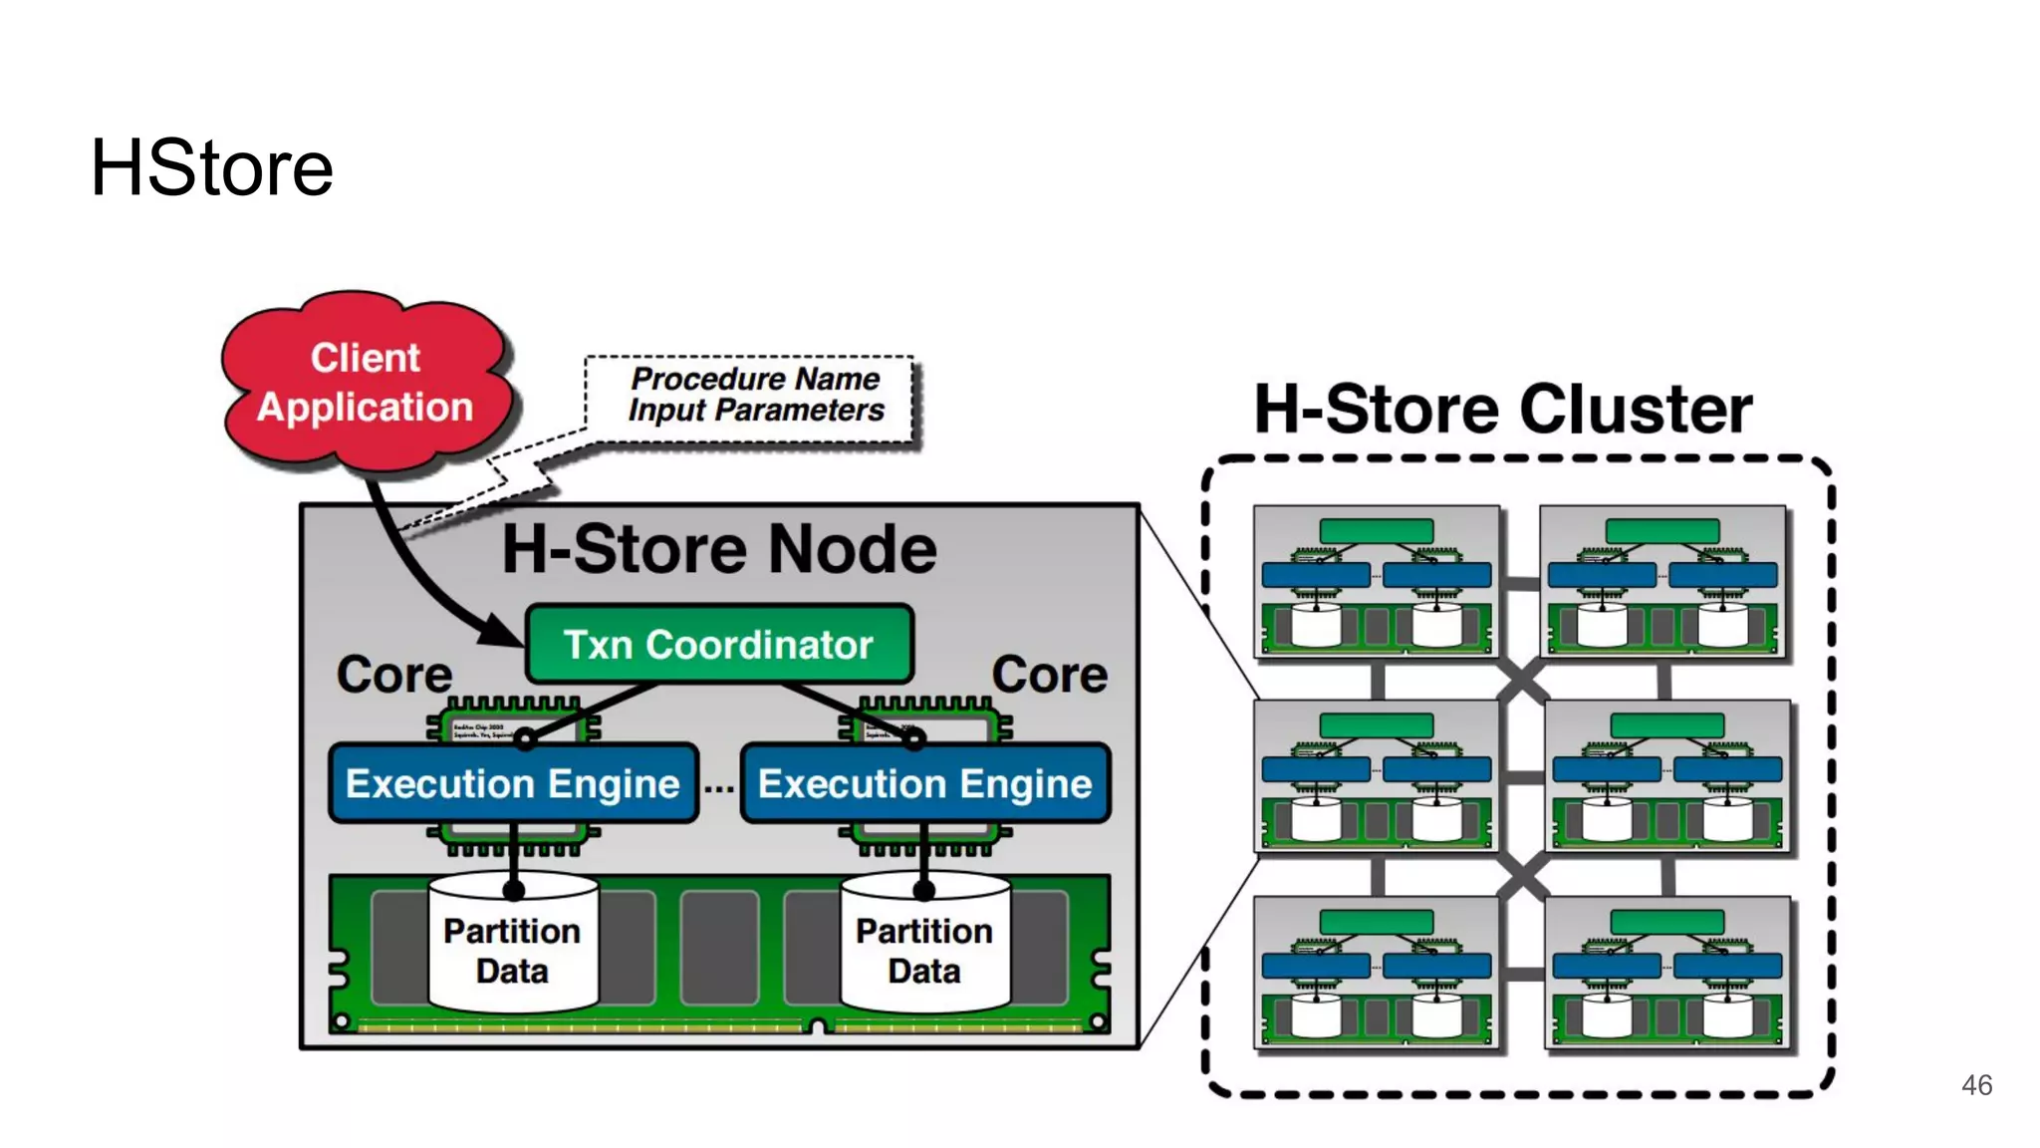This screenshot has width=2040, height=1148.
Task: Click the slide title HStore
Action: tap(211, 167)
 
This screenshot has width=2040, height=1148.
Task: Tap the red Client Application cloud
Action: tap(365, 383)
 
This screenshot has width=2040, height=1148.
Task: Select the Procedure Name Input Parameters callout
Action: tap(754, 396)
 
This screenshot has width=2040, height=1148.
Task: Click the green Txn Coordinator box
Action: tap(718, 645)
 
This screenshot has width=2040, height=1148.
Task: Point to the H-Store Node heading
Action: tap(718, 549)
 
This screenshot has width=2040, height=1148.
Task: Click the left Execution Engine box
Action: tap(512, 783)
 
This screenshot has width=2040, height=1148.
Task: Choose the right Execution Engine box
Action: tap(924, 783)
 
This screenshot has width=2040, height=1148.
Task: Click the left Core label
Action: tap(393, 675)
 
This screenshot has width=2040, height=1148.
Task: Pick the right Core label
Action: tap(1049, 675)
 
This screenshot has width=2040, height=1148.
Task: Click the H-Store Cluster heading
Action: tap(1502, 409)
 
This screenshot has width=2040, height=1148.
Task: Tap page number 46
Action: tap(1976, 1085)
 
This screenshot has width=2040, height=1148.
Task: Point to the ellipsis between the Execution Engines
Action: tap(719, 787)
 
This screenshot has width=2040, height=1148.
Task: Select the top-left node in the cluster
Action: tap(1376, 582)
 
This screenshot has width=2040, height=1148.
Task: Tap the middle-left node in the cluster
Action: tap(1376, 776)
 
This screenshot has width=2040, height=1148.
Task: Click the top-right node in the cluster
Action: tap(1662, 582)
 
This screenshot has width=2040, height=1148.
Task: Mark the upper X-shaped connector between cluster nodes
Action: tap(1521, 680)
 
